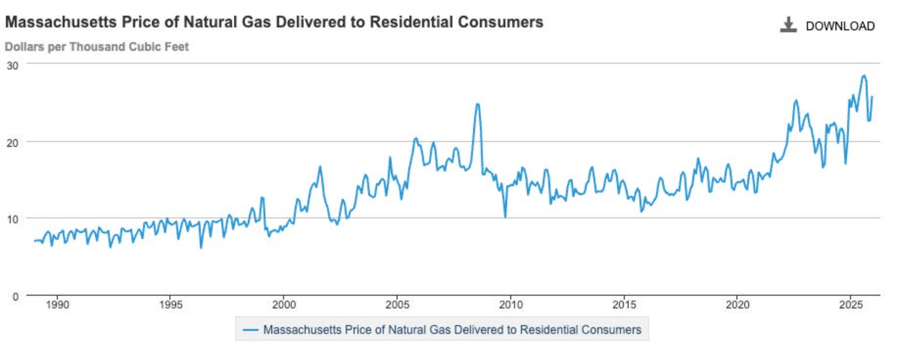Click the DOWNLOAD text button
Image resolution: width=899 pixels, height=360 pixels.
coord(840,26)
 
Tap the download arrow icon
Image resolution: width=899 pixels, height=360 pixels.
coord(788,25)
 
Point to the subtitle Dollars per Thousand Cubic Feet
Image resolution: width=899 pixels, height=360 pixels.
coord(97,47)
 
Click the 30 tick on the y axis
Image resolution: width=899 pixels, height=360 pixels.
coord(13,66)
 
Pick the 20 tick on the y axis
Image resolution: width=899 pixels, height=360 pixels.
coord(13,143)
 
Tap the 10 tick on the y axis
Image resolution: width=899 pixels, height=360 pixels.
coord(13,219)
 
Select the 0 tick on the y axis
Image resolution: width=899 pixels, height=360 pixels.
coord(15,297)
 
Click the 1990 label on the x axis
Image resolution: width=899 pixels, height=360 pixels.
coord(58,305)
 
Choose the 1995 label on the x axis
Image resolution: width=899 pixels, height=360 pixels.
coord(171,305)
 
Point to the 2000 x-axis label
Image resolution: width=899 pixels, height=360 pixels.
coord(284,305)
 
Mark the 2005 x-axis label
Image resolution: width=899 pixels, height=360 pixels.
coord(397,305)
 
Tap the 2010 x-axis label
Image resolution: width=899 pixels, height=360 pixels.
coord(511,305)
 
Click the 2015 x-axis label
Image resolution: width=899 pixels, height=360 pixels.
coord(624,305)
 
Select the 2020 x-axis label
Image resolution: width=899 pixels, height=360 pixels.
coord(737,305)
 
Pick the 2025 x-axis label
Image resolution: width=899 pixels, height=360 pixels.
coord(850,305)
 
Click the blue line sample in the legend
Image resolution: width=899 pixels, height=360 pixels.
coord(250,330)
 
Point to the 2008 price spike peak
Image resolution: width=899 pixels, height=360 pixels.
coord(477,104)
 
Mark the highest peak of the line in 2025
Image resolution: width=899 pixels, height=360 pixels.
coord(863,76)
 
